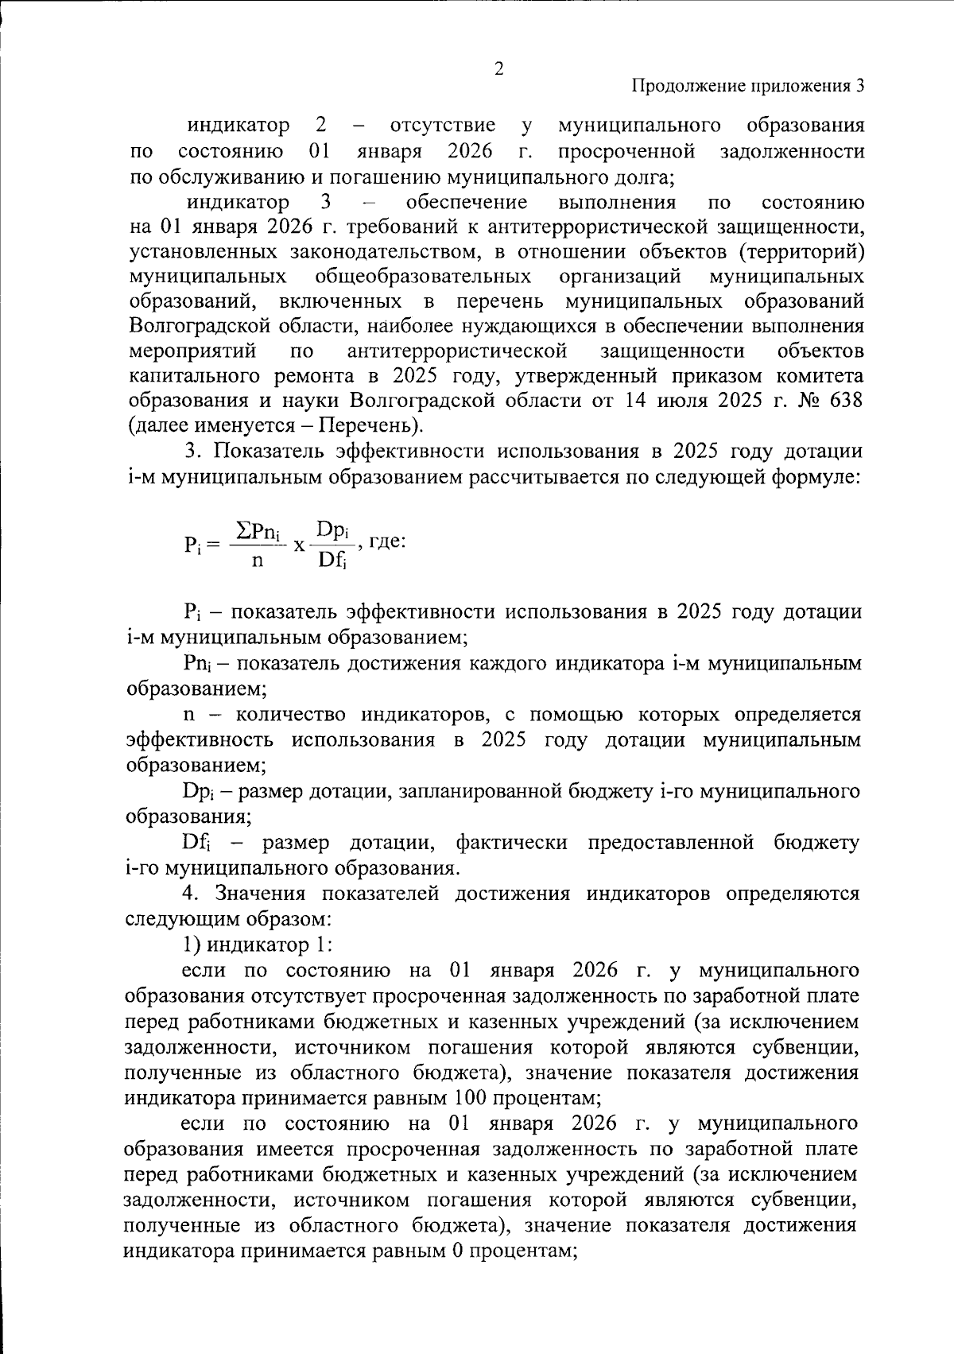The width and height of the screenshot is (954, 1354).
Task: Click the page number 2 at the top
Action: tap(498, 69)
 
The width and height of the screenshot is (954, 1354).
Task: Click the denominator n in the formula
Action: tap(257, 560)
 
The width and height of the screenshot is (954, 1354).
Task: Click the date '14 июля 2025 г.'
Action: tap(683, 400)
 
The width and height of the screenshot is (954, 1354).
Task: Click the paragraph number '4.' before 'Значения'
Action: tap(191, 894)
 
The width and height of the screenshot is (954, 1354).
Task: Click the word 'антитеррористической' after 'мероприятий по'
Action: tap(457, 351)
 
